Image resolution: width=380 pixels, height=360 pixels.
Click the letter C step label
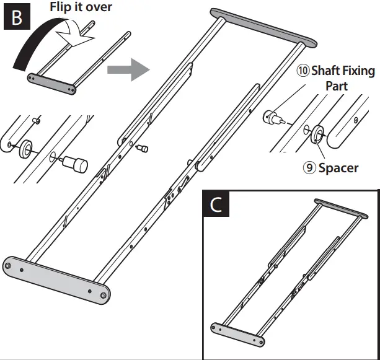(x=216, y=204)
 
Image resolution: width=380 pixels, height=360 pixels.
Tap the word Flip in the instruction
(x=62, y=7)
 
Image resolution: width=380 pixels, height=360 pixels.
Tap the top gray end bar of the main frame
(x=264, y=27)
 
